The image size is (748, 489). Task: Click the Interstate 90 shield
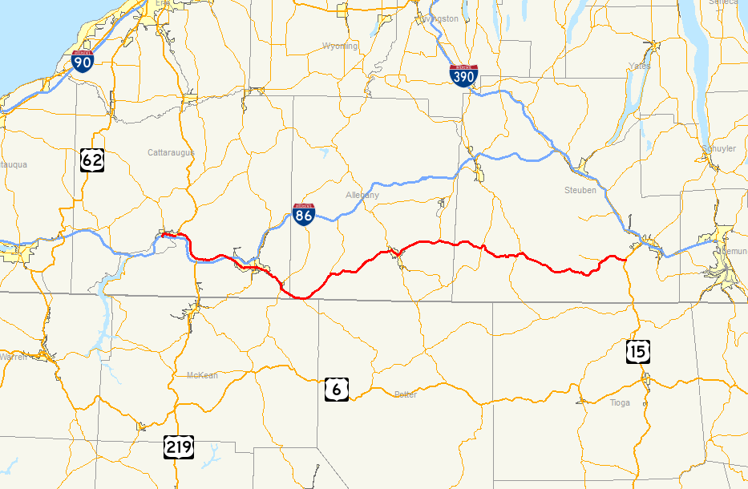tap(82, 62)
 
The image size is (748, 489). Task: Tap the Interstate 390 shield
tap(464, 76)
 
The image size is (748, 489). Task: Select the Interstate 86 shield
tap(303, 213)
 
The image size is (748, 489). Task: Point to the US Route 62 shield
tap(92, 160)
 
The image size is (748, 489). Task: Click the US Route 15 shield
tap(639, 351)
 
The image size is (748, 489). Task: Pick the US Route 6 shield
tap(336, 389)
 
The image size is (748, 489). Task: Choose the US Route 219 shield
tap(178, 446)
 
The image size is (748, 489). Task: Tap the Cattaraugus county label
tap(171, 152)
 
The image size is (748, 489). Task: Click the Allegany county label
tap(362, 195)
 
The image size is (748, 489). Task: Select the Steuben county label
tap(580, 191)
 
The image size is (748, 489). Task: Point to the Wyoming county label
tap(340, 46)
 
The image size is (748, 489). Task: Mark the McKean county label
tap(202, 375)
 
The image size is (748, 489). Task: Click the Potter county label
tap(406, 394)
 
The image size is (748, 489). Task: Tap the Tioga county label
tap(621, 402)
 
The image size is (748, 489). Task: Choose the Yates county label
tap(640, 66)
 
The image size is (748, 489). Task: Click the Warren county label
tap(13, 357)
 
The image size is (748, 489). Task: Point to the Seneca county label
tap(724, 2)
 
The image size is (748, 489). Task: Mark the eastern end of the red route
tap(625, 258)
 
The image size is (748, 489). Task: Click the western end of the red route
tap(162, 235)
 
